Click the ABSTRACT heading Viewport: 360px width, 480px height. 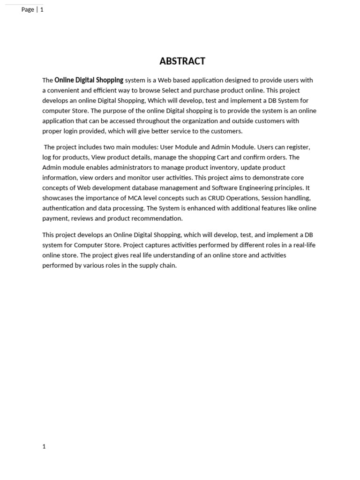[x=182, y=61]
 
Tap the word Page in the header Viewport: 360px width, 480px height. [x=28, y=9]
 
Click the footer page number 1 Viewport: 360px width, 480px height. [x=44, y=447]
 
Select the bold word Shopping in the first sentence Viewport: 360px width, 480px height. [x=109, y=80]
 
